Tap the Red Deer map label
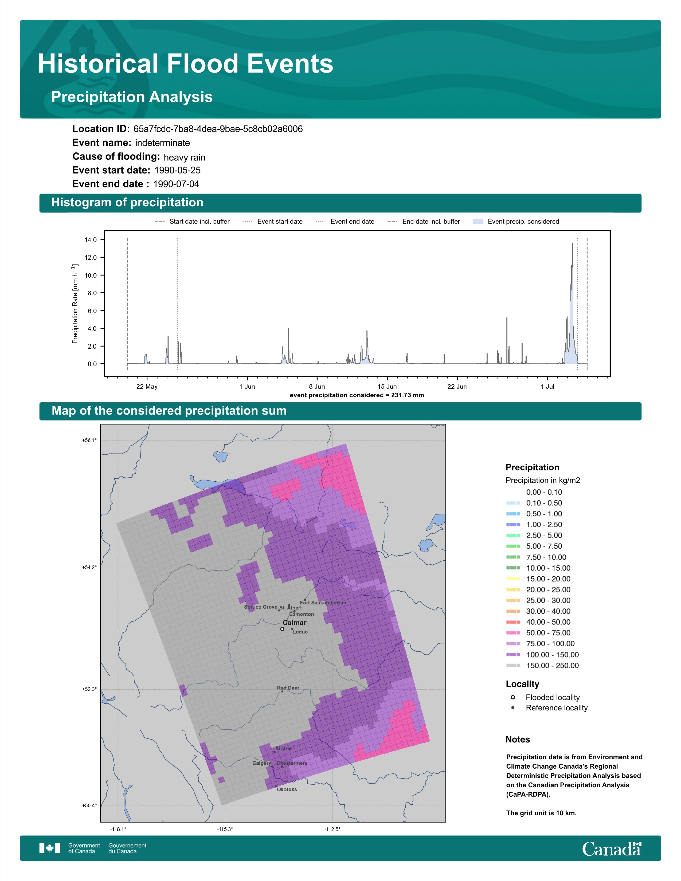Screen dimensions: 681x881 [288, 688]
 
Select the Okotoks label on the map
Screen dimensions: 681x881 [287, 789]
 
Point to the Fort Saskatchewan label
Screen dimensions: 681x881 [323, 603]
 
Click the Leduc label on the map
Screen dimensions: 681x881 [300, 632]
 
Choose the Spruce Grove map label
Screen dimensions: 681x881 [261, 607]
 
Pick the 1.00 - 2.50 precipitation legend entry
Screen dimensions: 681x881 [534, 524]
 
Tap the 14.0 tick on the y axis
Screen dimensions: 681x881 [90, 240]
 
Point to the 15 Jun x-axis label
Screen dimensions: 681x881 [387, 387]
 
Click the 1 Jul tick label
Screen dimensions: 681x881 [547, 387]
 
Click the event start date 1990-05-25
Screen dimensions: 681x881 [178, 170]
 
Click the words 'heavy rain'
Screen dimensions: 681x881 [184, 157]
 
